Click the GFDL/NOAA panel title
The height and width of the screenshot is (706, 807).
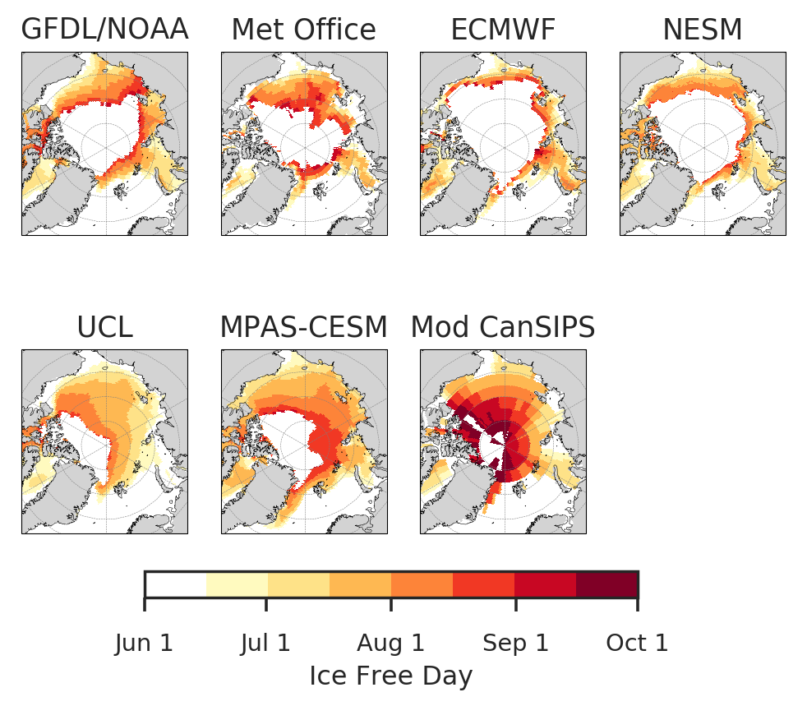click(104, 30)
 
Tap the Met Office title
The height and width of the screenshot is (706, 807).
click(303, 30)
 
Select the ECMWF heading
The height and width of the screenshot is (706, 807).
click(503, 30)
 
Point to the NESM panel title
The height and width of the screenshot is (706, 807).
click(703, 30)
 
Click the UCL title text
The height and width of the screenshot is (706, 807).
click(104, 328)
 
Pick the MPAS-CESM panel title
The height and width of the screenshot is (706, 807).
click(303, 328)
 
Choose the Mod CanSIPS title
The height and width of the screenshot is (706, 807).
click(503, 328)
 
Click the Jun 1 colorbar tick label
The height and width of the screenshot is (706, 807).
click(145, 643)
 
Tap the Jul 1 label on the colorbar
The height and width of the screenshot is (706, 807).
click(265, 643)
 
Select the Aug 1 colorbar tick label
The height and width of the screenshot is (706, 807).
click(390, 643)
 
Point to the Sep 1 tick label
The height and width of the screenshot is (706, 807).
click(515, 643)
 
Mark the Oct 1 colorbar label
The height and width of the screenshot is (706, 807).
click(637, 643)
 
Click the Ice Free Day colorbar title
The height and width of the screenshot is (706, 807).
click(390, 676)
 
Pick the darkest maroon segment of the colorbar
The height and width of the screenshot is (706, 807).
click(606, 584)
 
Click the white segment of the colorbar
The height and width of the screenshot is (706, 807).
click(176, 584)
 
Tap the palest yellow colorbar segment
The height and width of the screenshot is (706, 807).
click(237, 584)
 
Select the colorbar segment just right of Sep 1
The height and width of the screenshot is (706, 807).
click(545, 584)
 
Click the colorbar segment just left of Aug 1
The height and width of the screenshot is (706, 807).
click(360, 584)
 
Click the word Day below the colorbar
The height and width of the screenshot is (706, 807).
click(453, 676)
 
